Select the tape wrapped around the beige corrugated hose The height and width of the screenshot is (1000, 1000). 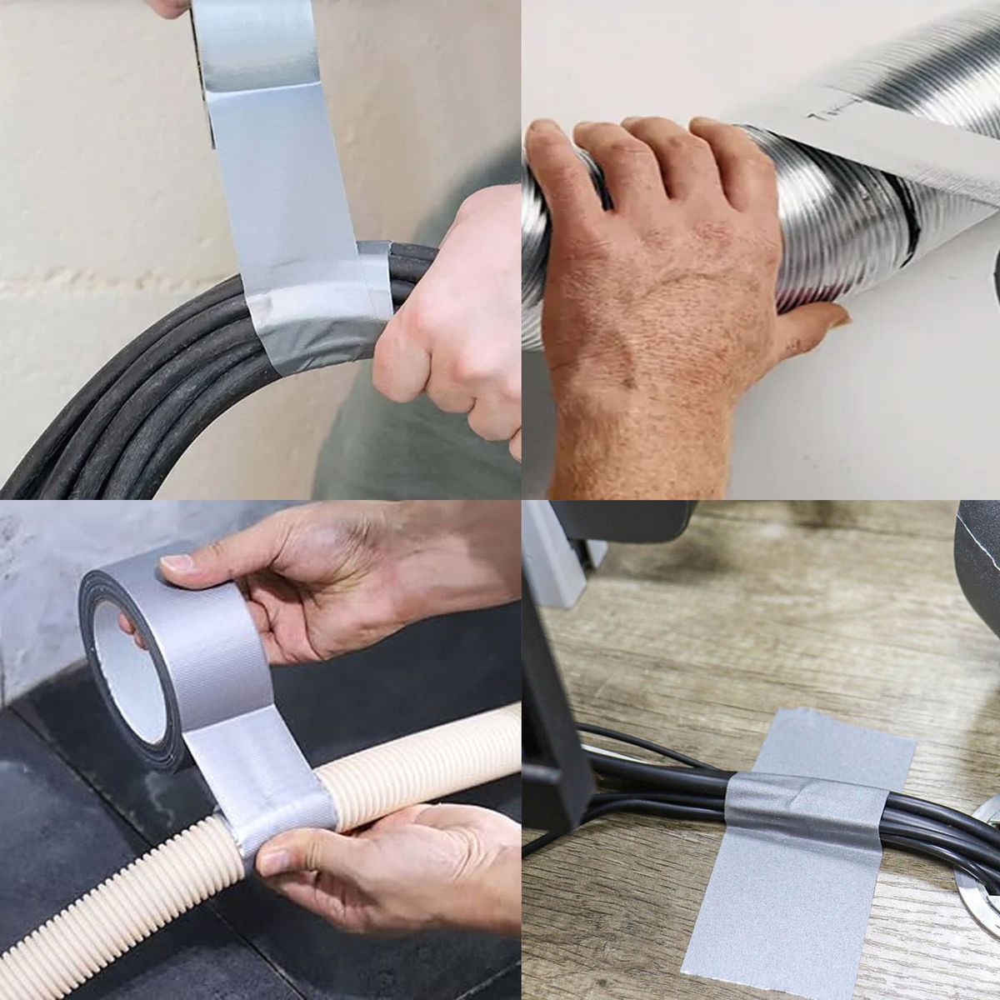point(267,792)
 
